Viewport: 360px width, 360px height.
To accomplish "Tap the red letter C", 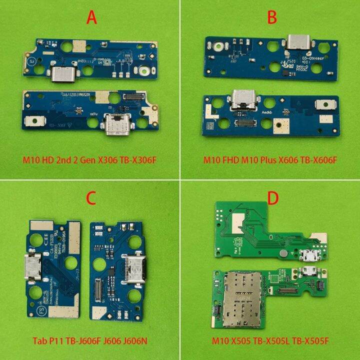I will tap(91, 198).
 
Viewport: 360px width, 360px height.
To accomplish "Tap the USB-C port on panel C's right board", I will tap(133, 268).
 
